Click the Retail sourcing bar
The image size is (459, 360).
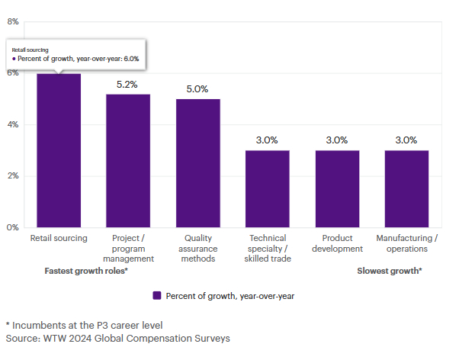pos(59,150)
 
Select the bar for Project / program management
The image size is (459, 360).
pos(128,161)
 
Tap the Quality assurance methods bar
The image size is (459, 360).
pos(198,163)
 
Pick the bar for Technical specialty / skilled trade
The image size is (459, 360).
pos(268,189)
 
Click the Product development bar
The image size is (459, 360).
pos(338,189)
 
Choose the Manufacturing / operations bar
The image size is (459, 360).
pos(407,189)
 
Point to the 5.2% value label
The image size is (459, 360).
pos(127,85)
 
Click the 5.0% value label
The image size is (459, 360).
pos(197,89)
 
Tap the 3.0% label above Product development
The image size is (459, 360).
pos(337,140)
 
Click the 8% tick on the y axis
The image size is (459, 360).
pos(13,21)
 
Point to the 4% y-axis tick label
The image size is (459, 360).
pos(13,124)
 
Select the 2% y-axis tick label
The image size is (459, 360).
pos(13,175)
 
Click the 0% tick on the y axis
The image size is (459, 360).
pos(13,227)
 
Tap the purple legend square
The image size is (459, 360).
pos(157,296)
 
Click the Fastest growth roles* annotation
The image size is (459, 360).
pos(86,271)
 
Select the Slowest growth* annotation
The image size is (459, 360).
pos(390,271)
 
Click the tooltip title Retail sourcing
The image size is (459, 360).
pos(30,50)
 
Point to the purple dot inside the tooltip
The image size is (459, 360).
pos(14,59)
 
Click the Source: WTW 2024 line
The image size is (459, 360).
pos(117,339)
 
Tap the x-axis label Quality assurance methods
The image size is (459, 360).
pos(198,249)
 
